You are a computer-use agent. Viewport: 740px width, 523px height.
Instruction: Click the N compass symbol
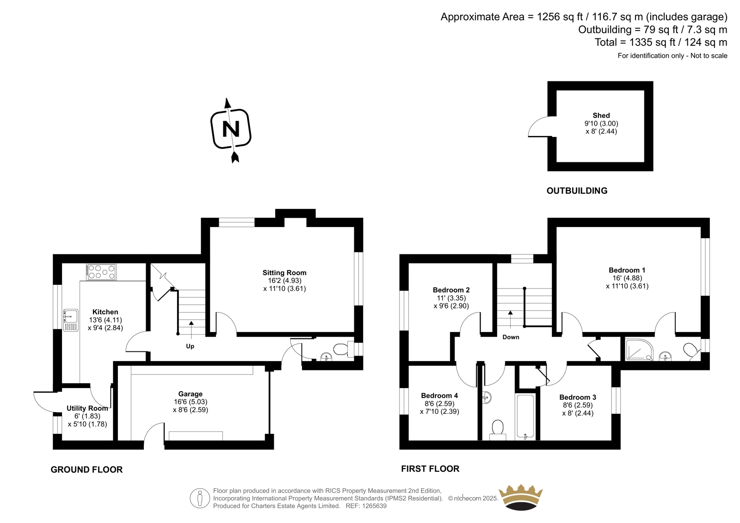click(x=231, y=129)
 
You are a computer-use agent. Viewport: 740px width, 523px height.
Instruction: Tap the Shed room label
click(x=601, y=115)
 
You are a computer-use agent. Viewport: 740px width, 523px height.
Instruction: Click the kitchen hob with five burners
click(x=101, y=272)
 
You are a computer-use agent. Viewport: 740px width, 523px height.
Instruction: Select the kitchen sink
click(x=70, y=320)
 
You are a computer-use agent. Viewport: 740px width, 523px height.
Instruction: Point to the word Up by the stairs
click(x=190, y=346)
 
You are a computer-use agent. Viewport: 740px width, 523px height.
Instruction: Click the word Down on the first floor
click(x=511, y=337)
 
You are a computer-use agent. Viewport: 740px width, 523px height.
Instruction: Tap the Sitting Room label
click(x=284, y=272)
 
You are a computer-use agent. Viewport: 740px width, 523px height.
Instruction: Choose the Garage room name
click(x=190, y=394)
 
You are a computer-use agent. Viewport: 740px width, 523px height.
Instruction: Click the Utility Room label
click(x=87, y=408)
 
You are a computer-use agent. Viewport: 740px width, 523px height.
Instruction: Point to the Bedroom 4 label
click(x=439, y=395)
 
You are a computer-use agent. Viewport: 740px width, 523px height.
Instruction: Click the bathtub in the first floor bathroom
click(x=525, y=417)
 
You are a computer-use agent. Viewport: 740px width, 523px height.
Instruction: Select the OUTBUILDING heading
click(x=577, y=191)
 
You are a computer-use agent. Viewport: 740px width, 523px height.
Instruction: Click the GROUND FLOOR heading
click(x=86, y=469)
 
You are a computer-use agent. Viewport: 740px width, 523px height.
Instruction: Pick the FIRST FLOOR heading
click(x=430, y=469)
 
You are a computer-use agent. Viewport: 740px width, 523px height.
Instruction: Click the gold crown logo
click(x=521, y=498)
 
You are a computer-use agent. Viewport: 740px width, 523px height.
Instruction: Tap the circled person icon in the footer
click(x=200, y=498)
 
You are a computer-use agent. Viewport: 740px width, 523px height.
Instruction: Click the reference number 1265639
click(x=374, y=506)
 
